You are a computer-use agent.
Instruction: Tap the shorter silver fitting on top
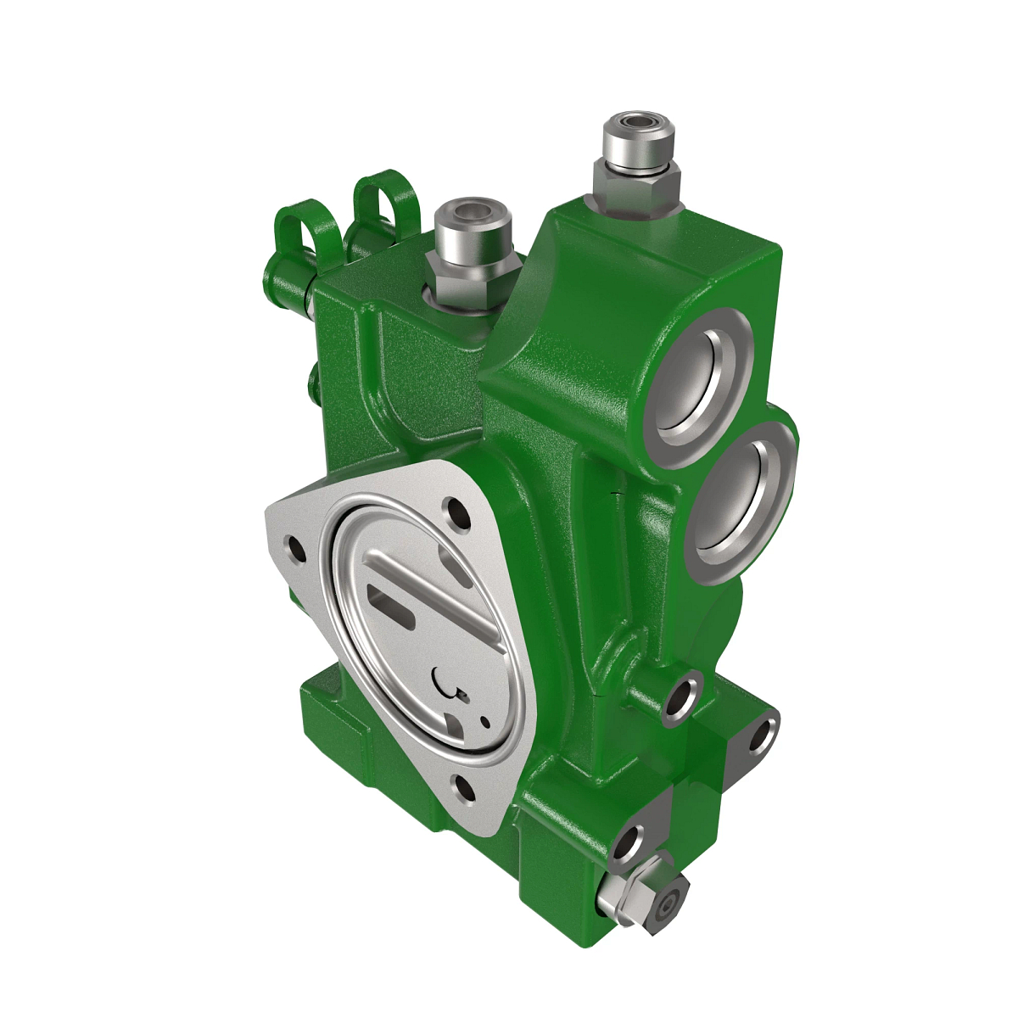(x=472, y=229)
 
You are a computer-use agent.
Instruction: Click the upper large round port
(x=701, y=378)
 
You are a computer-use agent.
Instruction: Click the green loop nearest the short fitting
(x=388, y=199)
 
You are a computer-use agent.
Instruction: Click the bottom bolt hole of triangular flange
(x=466, y=788)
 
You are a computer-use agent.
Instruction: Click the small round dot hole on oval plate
(x=485, y=721)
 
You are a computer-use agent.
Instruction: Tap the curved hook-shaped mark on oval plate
(x=445, y=680)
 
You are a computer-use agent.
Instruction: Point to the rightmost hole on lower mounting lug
(x=763, y=736)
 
